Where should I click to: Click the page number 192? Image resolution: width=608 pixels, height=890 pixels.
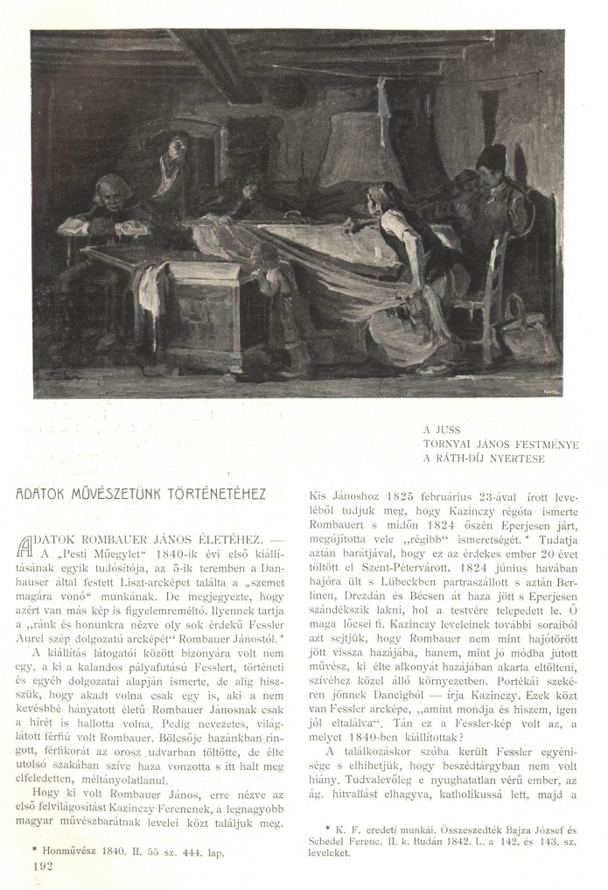(41, 865)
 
